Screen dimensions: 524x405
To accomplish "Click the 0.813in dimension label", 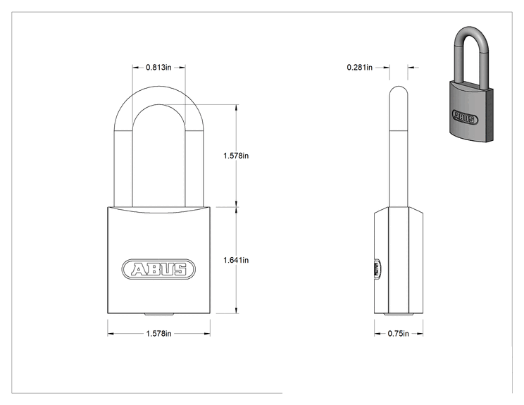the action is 158,68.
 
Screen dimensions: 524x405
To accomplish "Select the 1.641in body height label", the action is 236,260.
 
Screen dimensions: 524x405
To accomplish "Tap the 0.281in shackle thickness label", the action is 360,68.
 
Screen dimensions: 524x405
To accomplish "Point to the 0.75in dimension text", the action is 399,333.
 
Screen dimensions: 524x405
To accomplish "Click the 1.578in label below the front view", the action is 158,333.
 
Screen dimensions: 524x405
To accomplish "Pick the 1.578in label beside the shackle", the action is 236,156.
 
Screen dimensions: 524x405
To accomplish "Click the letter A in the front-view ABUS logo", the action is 139,269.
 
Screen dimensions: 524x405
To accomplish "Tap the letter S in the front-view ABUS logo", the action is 180,269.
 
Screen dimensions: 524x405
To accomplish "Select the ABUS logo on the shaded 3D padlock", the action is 465,117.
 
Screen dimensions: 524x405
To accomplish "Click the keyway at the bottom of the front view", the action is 158,314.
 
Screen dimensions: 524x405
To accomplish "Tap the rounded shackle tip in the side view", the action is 399,91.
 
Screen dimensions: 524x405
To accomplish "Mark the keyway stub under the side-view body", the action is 399,314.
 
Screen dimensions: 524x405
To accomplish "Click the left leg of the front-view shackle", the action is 123,167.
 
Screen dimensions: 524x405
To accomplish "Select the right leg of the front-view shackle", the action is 194,167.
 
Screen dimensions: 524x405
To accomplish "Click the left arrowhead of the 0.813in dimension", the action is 135,68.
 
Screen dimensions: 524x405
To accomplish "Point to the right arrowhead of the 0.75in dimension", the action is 420,333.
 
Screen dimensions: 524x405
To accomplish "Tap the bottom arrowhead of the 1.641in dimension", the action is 237,311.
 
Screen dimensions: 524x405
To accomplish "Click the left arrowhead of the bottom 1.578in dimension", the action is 111,333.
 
